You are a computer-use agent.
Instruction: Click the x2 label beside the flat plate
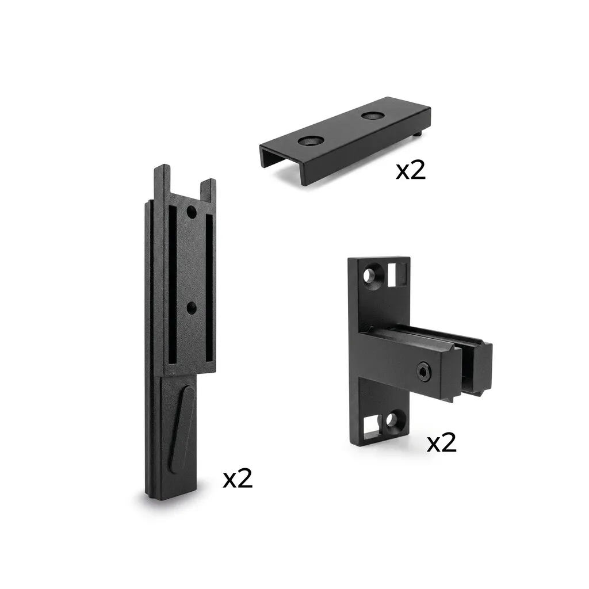(x=411, y=171)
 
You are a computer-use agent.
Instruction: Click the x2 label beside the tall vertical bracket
(x=238, y=479)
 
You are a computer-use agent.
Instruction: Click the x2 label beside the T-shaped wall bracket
(x=442, y=442)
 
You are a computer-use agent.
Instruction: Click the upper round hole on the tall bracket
(x=192, y=212)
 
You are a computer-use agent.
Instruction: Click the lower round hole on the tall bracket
(x=192, y=308)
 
